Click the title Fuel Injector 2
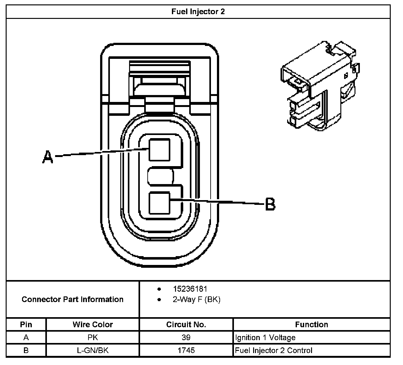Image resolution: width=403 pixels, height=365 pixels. (198, 12)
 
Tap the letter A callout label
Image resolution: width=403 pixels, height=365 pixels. (48, 157)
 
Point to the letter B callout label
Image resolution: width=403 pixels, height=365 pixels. (270, 204)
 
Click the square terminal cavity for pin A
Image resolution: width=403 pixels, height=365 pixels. (159, 149)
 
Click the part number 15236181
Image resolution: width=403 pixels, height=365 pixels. (190, 289)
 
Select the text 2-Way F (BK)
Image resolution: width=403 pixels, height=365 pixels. (196, 299)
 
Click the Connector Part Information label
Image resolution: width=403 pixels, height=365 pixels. (72, 299)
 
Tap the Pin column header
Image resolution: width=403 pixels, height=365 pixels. (26, 324)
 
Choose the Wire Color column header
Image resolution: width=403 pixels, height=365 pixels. (93, 324)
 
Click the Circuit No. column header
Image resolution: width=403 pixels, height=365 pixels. (186, 324)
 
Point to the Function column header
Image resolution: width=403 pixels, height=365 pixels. (311, 324)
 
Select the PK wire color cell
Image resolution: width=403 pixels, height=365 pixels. (93, 338)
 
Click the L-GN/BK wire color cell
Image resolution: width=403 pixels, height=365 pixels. (93, 350)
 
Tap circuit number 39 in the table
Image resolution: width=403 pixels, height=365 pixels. (186, 338)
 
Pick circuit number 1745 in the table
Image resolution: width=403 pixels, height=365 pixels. (186, 350)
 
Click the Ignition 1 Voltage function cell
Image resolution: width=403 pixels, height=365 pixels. (265, 338)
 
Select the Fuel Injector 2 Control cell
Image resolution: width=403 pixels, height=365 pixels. (274, 350)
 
